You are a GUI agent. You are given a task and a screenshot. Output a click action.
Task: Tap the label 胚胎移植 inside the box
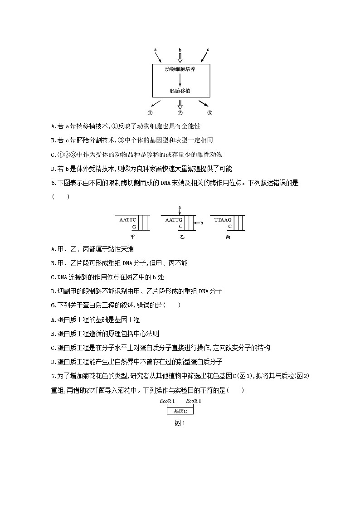(180, 91)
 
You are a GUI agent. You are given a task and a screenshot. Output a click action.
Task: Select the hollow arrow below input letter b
(180, 58)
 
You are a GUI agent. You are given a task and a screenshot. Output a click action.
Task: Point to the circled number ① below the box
(150, 113)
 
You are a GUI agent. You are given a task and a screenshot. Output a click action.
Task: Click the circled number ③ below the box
(209, 113)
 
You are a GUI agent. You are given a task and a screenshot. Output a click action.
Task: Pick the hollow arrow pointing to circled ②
(180, 104)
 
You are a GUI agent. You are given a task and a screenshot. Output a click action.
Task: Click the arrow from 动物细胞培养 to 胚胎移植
(180, 80)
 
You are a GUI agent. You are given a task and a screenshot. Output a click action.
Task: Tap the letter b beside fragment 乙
(202, 223)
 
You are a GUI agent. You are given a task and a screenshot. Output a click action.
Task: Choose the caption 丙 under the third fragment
(228, 237)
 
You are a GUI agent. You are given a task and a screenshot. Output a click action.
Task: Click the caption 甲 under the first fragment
(132, 237)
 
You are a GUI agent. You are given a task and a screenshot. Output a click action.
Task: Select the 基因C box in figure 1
(180, 411)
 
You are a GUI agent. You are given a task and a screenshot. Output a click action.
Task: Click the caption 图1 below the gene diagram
(180, 423)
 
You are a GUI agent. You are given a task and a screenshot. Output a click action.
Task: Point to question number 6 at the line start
(54, 305)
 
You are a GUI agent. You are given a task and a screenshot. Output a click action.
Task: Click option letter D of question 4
(54, 169)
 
